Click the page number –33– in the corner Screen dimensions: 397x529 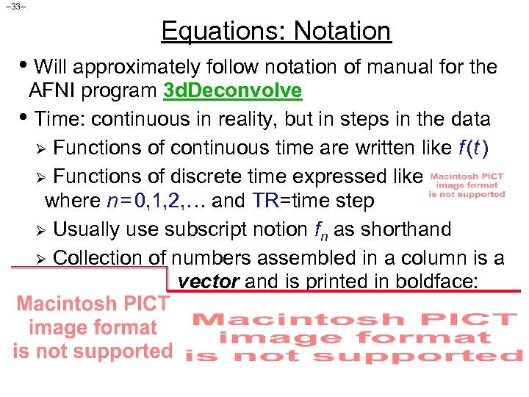pyautogui.click(x=14, y=7)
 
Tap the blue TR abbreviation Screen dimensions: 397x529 pyautogui.click(x=265, y=201)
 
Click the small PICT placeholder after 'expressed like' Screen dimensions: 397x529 pyautogui.click(x=467, y=185)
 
